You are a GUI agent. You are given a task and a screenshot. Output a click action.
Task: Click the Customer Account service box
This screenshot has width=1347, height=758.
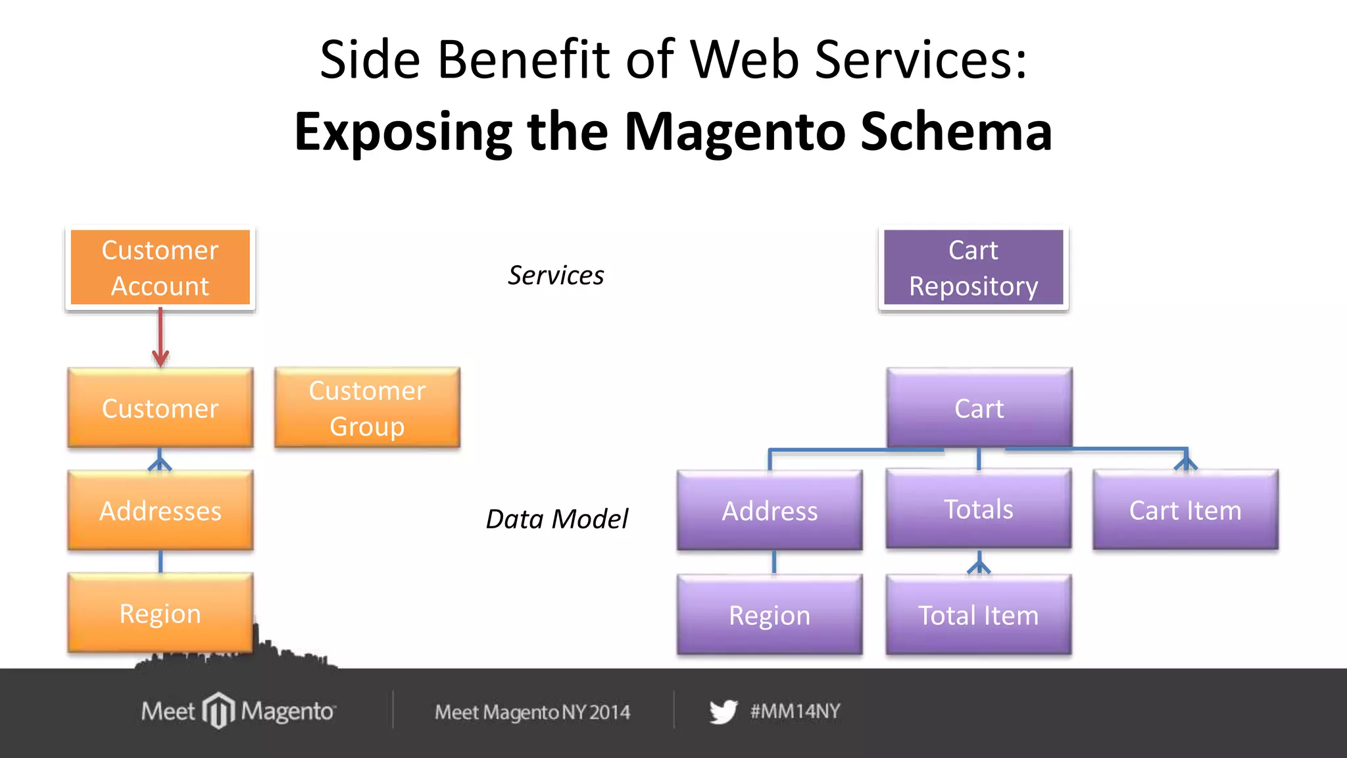160,268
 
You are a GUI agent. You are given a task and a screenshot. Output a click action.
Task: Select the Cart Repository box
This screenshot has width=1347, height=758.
973,268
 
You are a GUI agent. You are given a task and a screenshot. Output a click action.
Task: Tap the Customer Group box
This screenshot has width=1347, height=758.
367,408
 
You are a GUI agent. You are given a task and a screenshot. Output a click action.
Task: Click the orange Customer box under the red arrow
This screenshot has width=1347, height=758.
160,408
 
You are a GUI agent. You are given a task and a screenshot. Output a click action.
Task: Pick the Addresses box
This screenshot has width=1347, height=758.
160,511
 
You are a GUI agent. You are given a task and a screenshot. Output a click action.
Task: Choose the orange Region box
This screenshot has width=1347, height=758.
160,613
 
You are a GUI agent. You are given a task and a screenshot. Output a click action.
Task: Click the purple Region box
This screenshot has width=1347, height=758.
770,615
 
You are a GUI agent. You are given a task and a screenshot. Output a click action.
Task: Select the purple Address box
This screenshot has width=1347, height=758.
770,511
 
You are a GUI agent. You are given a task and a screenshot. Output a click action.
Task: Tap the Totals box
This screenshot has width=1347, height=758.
979,509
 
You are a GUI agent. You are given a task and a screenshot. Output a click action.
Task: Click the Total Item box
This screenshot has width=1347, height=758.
979,615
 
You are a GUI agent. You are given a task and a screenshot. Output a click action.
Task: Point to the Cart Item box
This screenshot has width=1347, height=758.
1185,510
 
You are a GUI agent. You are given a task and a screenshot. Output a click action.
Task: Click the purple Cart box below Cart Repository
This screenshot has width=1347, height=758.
979,408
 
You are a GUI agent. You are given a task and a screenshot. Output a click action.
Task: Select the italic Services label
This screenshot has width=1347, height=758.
556,275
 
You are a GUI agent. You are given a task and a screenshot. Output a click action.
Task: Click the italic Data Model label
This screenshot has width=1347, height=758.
556,518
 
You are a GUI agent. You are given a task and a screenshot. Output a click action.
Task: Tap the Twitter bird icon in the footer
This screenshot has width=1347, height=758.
723,712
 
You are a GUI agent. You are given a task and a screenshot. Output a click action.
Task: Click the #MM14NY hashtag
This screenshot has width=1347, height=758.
795,711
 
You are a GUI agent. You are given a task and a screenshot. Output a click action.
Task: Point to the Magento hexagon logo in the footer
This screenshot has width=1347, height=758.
218,711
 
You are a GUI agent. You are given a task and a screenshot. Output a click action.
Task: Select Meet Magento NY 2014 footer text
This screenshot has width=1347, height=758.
532,712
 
